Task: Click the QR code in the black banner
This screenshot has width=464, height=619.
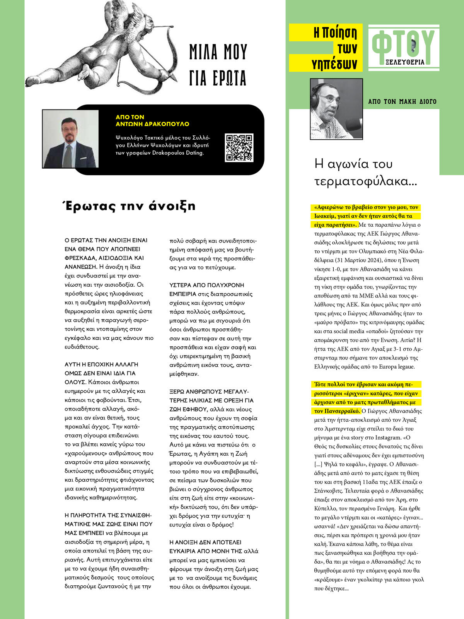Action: click(x=239, y=147)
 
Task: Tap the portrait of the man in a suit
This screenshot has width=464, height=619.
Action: click(x=70, y=139)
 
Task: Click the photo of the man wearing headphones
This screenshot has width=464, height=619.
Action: click(x=336, y=109)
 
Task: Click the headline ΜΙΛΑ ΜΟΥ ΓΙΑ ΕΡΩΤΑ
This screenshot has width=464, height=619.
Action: click(x=218, y=65)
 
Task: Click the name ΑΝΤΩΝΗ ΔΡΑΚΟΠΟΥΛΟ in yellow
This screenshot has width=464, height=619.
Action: click(x=152, y=124)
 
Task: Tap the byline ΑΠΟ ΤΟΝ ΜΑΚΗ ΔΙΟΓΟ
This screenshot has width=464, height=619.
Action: click(x=402, y=102)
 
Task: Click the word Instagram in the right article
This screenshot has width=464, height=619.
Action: click(x=389, y=438)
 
